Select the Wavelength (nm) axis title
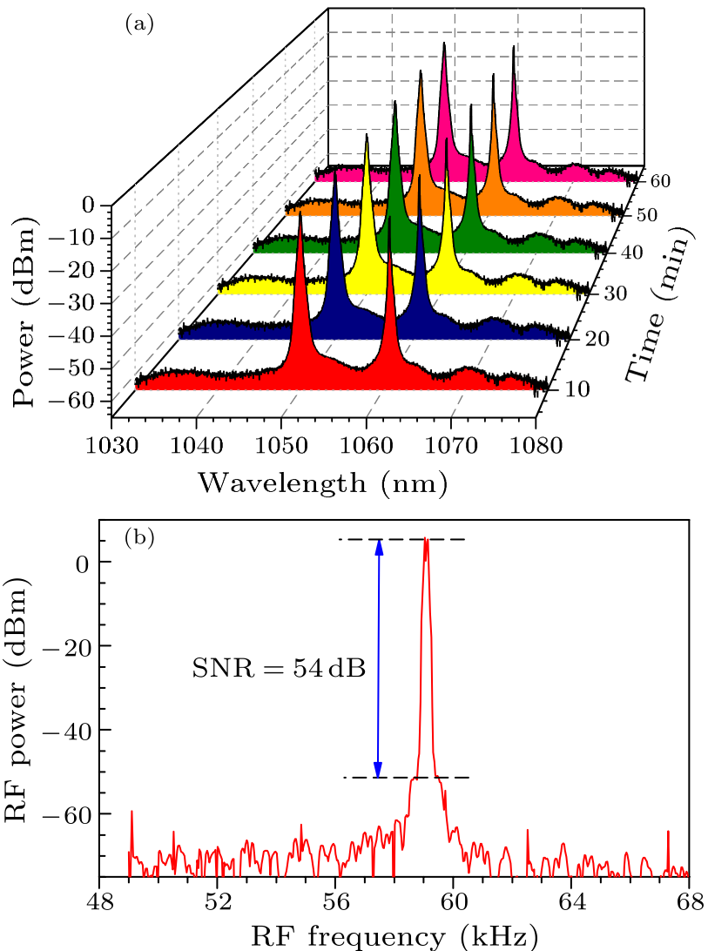323,482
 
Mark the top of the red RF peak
426,539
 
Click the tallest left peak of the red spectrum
300,215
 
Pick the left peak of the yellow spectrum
367,138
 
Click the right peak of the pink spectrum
513,47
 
